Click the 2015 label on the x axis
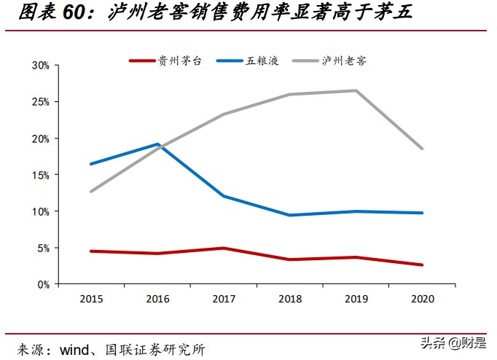pos(90,298)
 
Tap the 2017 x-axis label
pos(223,298)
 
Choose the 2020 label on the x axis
pos(422,298)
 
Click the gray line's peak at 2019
pos(356,90)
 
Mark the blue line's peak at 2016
pos(157,144)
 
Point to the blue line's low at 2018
pos(290,215)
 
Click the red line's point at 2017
pos(224,248)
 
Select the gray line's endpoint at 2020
pos(422,149)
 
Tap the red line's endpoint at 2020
pos(422,265)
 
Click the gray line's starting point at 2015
pos(90,192)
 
